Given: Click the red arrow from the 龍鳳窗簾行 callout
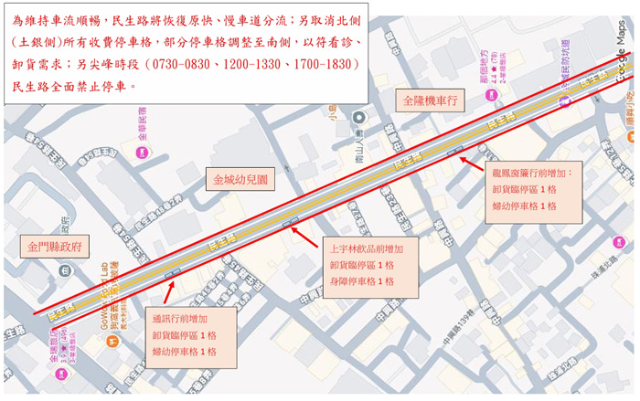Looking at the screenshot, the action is pos(472,162).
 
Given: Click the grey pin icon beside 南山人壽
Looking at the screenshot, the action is pos(358,117).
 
